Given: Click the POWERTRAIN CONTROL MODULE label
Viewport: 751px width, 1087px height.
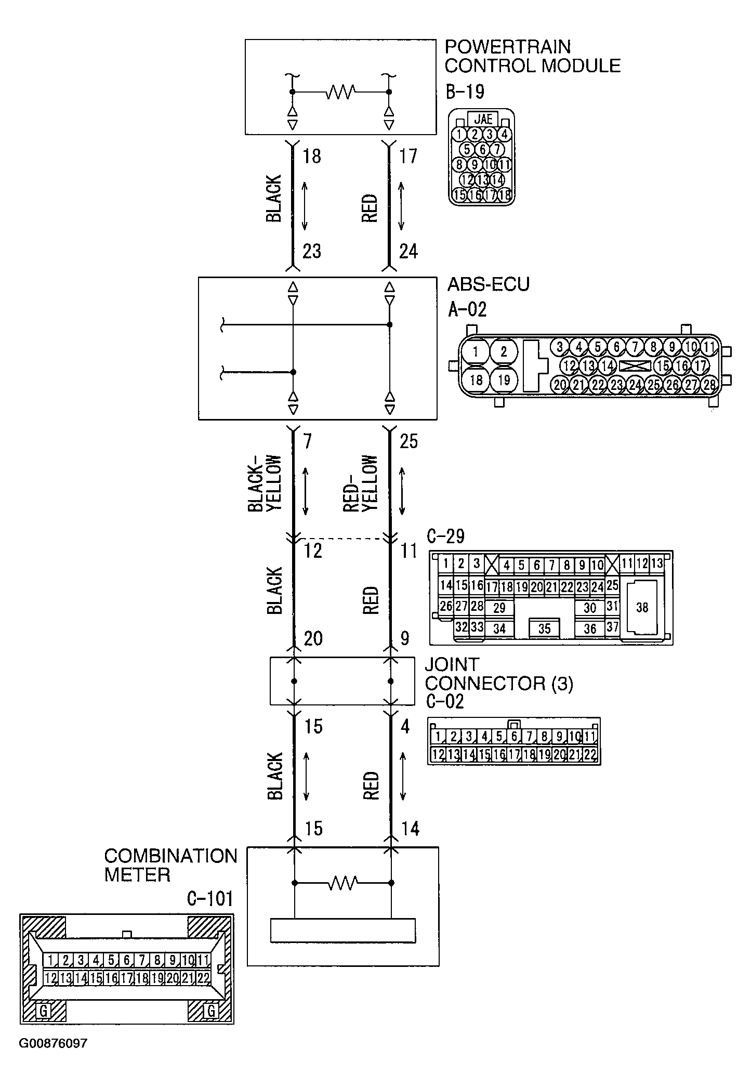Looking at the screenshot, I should point(532,56).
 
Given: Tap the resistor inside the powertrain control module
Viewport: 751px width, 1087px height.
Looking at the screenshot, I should point(340,92).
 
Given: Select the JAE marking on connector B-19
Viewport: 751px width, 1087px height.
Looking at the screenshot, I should point(483,119).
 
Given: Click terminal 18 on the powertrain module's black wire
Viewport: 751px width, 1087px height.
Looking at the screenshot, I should point(311,156).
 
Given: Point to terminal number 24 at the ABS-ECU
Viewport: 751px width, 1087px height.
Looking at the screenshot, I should point(408,252).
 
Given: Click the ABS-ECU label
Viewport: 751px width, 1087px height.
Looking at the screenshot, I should point(488,284).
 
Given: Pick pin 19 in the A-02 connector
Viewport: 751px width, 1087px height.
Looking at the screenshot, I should point(504,380).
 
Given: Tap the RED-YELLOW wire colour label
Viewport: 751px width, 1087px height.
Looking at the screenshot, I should point(361,483).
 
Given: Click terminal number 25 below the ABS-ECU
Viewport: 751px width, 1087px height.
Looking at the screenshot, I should point(409,441).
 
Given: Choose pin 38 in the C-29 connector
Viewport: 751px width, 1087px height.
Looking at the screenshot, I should point(642,607).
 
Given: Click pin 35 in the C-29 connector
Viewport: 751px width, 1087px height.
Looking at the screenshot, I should point(544,628).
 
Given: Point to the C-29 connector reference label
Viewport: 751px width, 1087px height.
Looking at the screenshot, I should point(445,536).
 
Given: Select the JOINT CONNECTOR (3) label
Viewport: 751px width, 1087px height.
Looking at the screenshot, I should point(498,674).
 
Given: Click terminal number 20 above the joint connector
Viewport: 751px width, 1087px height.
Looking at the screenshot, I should point(313,638).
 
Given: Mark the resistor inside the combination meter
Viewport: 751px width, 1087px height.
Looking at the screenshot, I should point(342,883).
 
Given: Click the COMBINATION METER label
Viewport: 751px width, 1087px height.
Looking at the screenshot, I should point(170,865).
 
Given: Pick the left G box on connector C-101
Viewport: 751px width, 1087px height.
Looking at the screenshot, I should point(45,1011).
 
